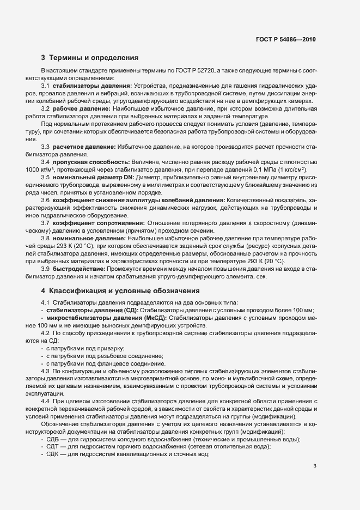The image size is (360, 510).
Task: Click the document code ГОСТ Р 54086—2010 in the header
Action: click(x=285, y=39)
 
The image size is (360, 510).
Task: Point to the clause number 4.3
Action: click(x=45, y=371)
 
